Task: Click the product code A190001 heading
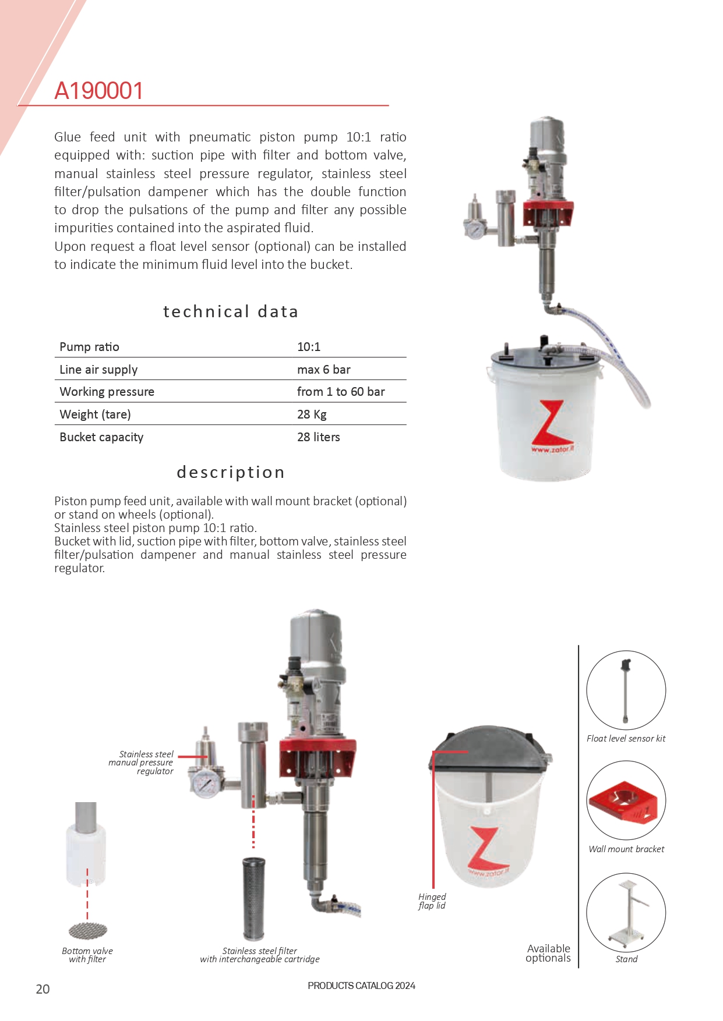tap(98, 91)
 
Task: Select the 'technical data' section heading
tap(231, 311)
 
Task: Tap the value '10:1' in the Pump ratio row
tap(309, 347)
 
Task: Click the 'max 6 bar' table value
tap(323, 370)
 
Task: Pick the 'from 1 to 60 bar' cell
tap(341, 392)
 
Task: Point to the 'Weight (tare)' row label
tap(95, 414)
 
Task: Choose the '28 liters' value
tap(318, 437)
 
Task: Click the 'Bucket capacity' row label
tap(101, 437)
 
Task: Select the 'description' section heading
tap(231, 472)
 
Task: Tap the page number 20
tap(43, 989)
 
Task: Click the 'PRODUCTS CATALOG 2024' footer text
tap(361, 985)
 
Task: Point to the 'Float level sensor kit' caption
tap(626, 739)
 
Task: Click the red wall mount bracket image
tap(626, 802)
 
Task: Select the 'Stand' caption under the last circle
tap(626, 959)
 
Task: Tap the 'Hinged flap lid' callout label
tap(432, 901)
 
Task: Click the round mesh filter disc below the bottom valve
tap(88, 931)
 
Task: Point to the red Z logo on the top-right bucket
tap(550, 423)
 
